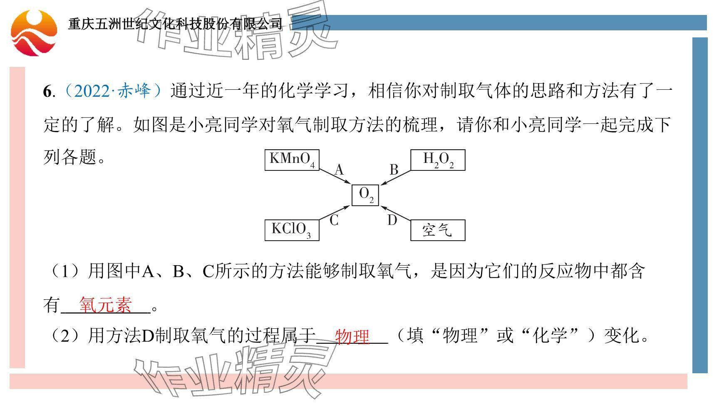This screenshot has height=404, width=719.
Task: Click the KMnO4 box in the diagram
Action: coord(292,160)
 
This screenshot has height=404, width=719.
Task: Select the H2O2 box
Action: coord(438,160)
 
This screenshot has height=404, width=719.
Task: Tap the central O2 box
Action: coord(365,195)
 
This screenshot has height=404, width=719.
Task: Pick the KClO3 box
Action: coord(292,230)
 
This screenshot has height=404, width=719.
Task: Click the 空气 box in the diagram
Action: coord(438,230)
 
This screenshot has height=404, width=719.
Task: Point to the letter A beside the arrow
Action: coord(339,170)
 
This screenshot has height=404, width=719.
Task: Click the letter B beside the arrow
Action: coord(394,170)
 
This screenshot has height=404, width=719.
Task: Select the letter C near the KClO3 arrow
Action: coord(334,221)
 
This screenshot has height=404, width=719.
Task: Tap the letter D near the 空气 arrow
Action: coord(392,220)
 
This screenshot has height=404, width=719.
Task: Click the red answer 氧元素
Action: coord(105,305)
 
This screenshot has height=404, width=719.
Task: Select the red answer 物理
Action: coord(352,336)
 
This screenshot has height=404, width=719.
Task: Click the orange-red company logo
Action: coord(34,33)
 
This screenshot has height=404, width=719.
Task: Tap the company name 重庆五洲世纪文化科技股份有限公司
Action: coord(175,24)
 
